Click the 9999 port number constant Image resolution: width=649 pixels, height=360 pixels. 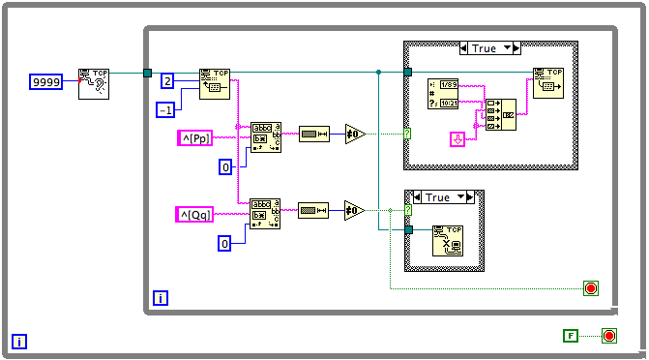(46, 82)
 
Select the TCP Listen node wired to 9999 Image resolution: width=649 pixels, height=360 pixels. (94, 83)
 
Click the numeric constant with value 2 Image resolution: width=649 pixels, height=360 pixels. (166, 80)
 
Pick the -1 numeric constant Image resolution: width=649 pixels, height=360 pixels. (166, 109)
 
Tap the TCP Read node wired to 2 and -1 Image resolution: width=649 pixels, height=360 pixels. (215, 83)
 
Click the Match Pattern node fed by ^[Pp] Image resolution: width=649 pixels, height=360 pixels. (265, 137)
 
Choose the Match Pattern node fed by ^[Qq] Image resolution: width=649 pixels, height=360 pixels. (265, 213)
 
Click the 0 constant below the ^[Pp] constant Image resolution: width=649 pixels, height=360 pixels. (225, 168)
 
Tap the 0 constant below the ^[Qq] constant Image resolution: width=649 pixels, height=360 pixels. (225, 244)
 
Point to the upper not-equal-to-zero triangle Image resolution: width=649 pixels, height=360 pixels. (355, 134)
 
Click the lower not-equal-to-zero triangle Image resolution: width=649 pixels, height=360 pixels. (355, 209)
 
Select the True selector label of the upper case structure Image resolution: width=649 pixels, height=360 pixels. (490, 47)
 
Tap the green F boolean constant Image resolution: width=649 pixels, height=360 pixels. (572, 335)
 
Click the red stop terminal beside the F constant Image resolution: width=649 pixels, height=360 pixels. (609, 336)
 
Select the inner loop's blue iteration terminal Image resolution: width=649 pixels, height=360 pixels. (161, 298)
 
